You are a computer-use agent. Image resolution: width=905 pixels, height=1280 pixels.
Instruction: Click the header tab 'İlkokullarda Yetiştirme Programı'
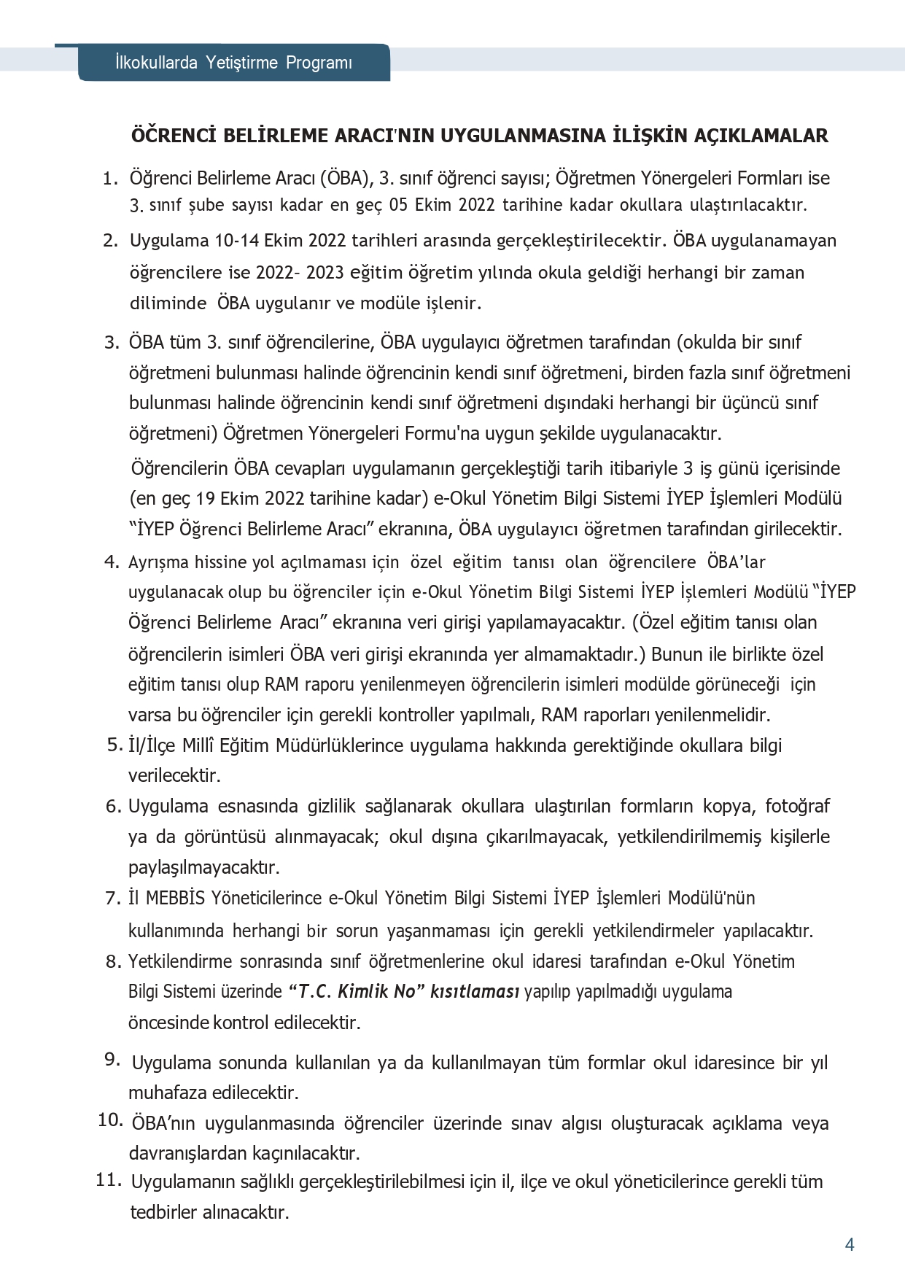click(233, 63)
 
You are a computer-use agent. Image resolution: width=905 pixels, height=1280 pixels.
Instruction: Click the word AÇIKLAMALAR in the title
click(759, 136)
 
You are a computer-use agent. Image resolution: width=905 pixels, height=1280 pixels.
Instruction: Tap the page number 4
click(849, 1244)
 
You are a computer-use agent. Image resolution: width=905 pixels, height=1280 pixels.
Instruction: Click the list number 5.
click(114, 745)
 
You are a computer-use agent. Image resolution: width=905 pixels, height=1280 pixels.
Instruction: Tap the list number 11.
click(108, 1179)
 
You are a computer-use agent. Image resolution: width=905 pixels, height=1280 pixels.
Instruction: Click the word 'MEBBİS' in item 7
click(175, 898)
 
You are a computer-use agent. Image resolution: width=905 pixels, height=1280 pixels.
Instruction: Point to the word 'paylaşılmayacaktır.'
click(203, 867)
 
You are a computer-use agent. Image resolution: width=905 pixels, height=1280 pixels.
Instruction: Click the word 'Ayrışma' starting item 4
click(158, 562)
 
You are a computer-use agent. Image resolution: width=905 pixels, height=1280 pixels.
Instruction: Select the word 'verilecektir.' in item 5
click(174, 775)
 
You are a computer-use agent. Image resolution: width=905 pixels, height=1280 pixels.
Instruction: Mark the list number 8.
click(113, 961)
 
